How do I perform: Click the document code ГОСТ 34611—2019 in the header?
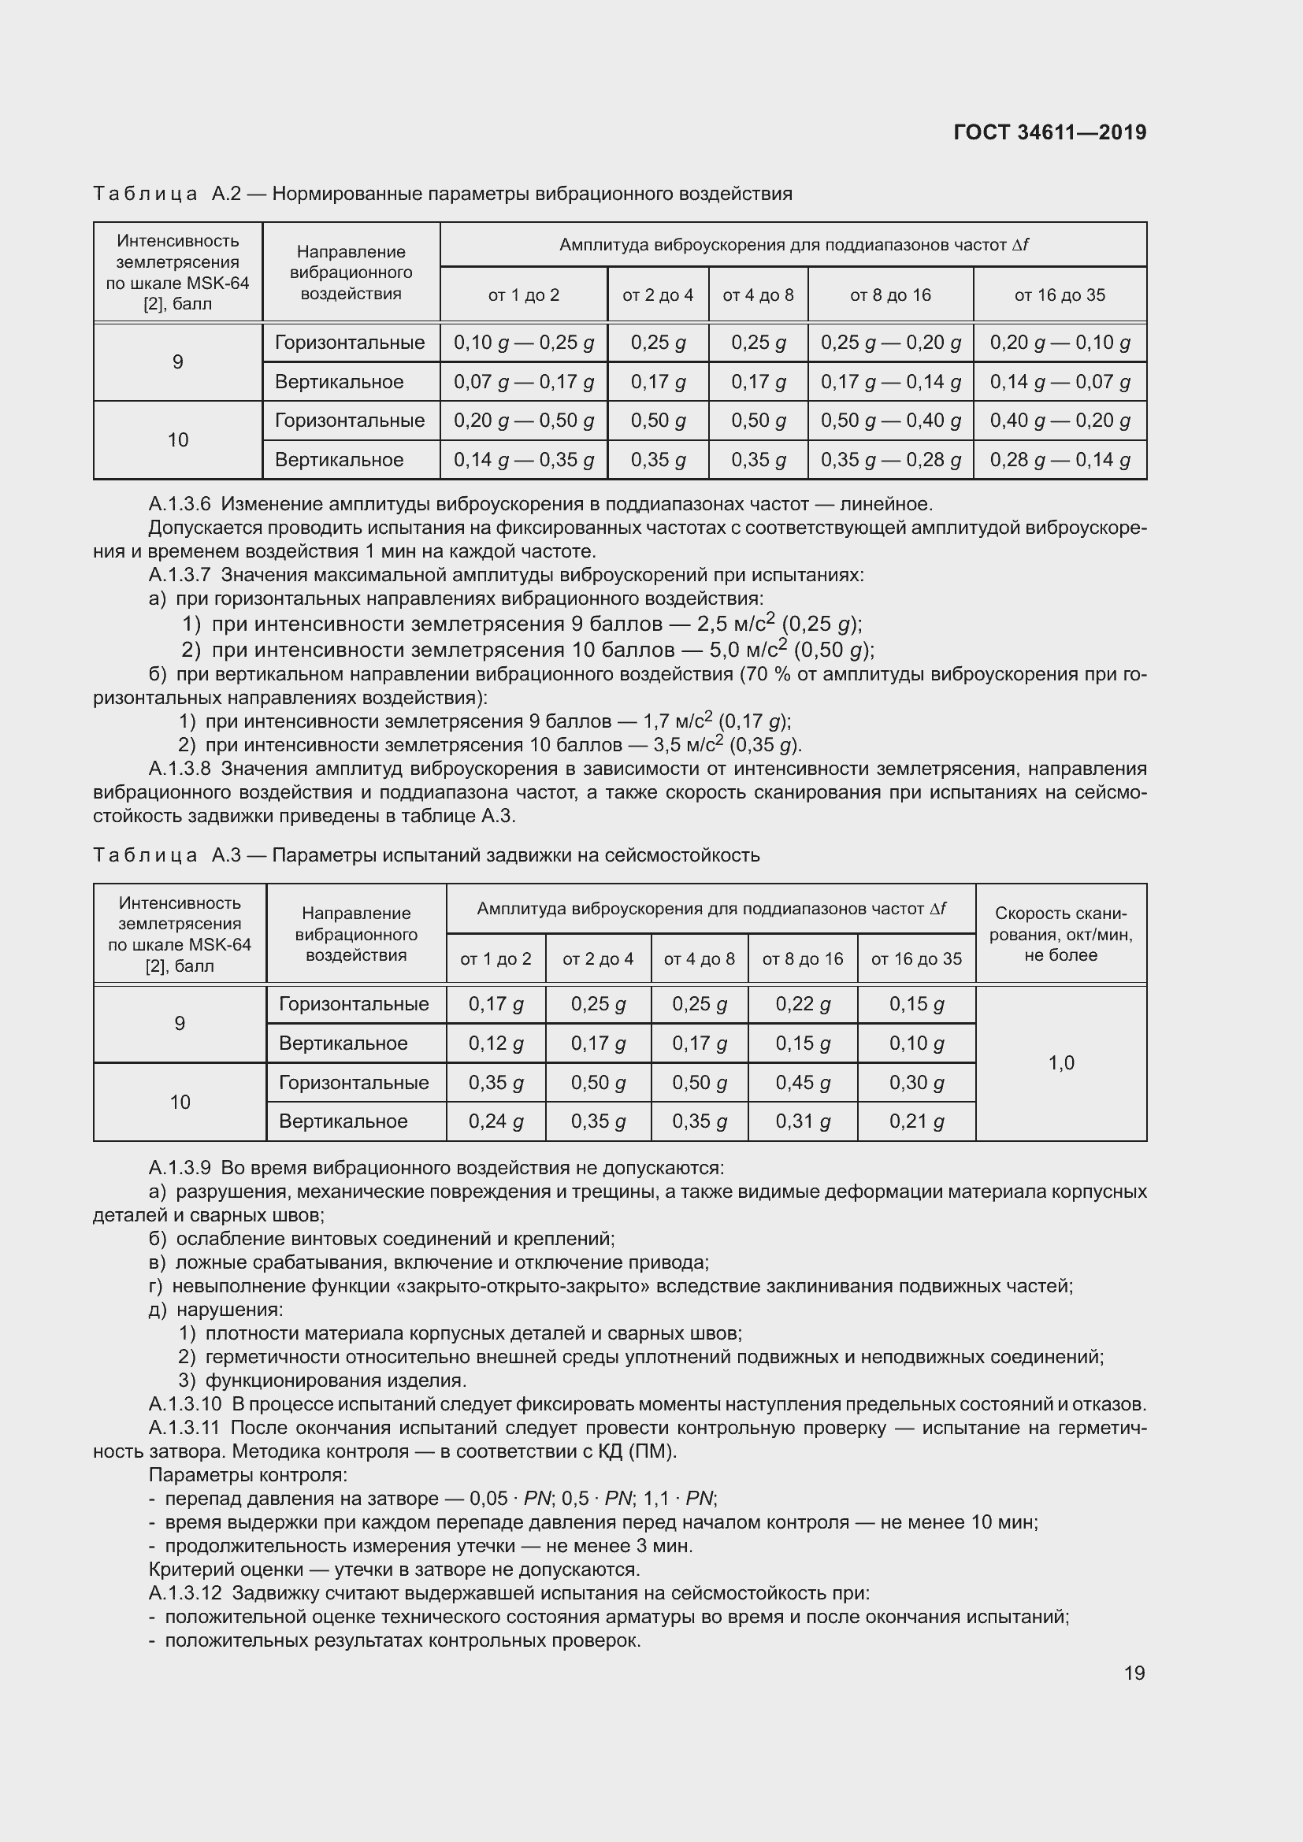1049,132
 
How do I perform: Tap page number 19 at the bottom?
1134,1672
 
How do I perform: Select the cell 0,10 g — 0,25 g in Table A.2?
523,343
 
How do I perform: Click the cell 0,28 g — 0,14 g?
1059,460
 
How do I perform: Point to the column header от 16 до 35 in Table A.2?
1059,295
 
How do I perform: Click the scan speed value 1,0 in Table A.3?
1060,1063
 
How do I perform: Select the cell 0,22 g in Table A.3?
802,1003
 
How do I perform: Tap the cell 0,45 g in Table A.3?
802,1082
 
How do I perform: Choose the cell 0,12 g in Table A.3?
495,1043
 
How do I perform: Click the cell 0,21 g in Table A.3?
916,1121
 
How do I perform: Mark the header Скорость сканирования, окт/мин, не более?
1060,934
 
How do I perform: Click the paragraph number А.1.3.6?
179,505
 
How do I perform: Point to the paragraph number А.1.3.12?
184,1592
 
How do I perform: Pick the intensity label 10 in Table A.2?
177,439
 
